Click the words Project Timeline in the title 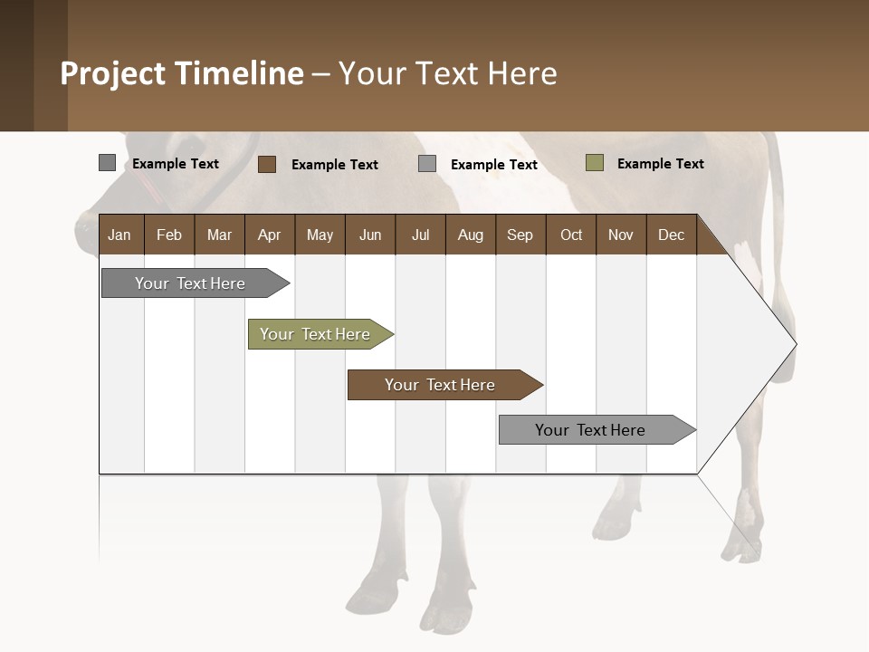click(x=181, y=73)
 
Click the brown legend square click(x=267, y=164)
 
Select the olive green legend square click(x=594, y=163)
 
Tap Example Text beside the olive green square click(x=660, y=164)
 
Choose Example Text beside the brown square click(x=334, y=165)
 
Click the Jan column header click(x=119, y=235)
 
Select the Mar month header click(x=219, y=235)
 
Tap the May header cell click(x=320, y=235)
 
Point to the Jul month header click(x=420, y=235)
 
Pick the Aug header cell click(x=470, y=235)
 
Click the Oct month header click(x=571, y=235)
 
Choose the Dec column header click(x=671, y=235)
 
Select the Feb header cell click(x=169, y=235)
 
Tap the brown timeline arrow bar click(x=441, y=385)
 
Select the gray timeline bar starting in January click(x=191, y=283)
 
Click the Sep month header click(x=520, y=235)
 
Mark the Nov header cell click(x=621, y=235)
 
